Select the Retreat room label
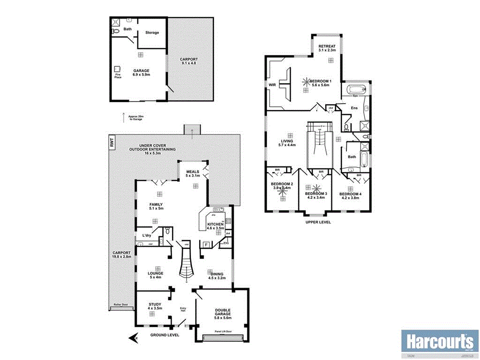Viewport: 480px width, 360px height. tap(327, 46)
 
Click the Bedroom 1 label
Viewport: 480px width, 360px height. tap(321, 82)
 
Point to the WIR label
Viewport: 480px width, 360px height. tap(272, 85)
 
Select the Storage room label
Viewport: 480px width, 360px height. tap(152, 33)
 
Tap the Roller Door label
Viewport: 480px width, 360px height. tap(121, 304)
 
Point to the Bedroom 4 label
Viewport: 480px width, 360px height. tap(350, 194)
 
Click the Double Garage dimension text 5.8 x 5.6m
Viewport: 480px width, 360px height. tap(223, 318)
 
